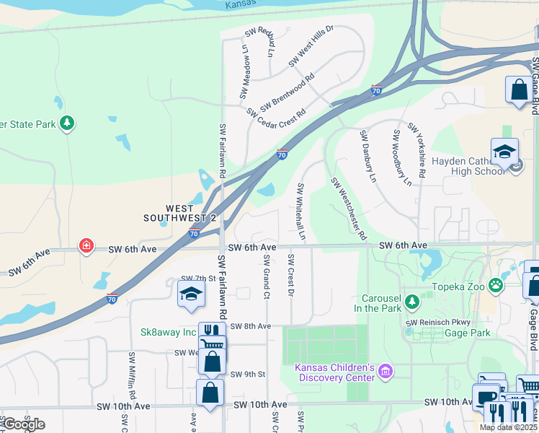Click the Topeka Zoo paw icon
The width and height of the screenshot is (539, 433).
[496, 285]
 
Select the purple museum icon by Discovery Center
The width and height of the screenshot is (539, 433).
[386, 372]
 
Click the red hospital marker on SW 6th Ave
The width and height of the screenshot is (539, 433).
[86, 246]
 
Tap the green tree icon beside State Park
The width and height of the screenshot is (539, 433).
[67, 123]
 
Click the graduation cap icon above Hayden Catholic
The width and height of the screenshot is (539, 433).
[504, 152]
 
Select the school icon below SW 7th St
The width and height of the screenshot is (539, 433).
[191, 294]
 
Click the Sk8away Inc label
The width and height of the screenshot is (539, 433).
[168, 332]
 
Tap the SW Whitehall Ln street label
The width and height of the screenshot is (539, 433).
[301, 212]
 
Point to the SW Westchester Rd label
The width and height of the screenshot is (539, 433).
[348, 209]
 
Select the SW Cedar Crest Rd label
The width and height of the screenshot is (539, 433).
[276, 113]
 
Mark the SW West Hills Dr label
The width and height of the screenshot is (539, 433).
[311, 46]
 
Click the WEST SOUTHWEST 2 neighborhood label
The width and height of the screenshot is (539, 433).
[179, 213]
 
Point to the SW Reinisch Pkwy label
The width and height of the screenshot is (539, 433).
[432, 323]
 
